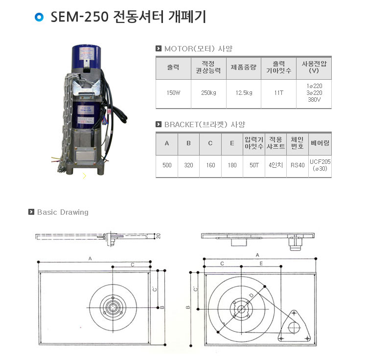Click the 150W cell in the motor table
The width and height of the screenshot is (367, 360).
(173, 93)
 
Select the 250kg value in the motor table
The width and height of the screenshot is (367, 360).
(208, 93)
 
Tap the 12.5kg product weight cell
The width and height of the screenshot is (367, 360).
(244, 93)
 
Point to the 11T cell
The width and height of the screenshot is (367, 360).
(279, 93)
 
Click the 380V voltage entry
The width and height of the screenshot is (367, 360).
(314, 100)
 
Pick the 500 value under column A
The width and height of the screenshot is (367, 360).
(167, 165)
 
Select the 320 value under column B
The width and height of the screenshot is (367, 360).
(188, 165)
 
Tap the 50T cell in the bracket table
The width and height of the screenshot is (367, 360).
(254, 165)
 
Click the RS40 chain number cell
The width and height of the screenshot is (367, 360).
(298, 165)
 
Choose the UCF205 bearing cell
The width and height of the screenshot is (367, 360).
(320, 161)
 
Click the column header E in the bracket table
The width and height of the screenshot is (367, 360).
(232, 143)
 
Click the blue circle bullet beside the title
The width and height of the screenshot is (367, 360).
(39, 17)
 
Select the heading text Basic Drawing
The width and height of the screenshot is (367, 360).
(63, 212)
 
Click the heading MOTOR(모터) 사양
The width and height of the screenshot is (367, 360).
(198, 48)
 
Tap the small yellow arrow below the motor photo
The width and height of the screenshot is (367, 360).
(85, 176)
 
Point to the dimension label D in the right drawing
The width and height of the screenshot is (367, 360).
(251, 295)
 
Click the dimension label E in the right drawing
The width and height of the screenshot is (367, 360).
(261, 264)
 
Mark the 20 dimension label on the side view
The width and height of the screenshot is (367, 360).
(159, 236)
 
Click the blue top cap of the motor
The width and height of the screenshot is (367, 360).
(86, 57)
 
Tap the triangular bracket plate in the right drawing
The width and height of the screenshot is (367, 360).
(295, 326)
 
